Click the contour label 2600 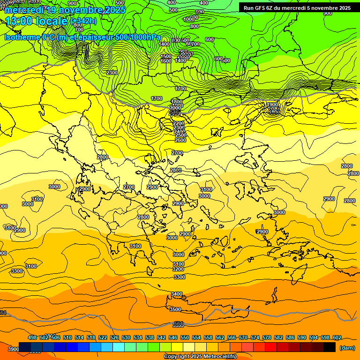pyautogui.click(x=180, y=140)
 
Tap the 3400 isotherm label pyautogui.click(x=176, y=294)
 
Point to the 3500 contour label pyautogui.click(x=175, y=309)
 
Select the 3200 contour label pyautogui.click(x=178, y=270)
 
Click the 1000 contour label pyautogui.click(x=189, y=19)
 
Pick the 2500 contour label pyautogui.click(x=180, y=135)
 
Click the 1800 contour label pyautogui.click(x=176, y=102)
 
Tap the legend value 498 pyautogui.click(x=32, y=337)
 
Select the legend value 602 pyautogui.click(x=337, y=337)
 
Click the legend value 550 pyautogui.click(x=185, y=337)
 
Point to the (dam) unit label pyautogui.click(x=347, y=348)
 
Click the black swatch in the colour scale pyautogui.click(x=329, y=347)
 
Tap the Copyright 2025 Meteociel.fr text pyautogui.click(x=200, y=357)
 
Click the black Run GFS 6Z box pyautogui.click(x=298, y=7)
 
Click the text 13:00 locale pyautogui.click(x=36, y=21)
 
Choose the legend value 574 pyautogui.click(x=255, y=337)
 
